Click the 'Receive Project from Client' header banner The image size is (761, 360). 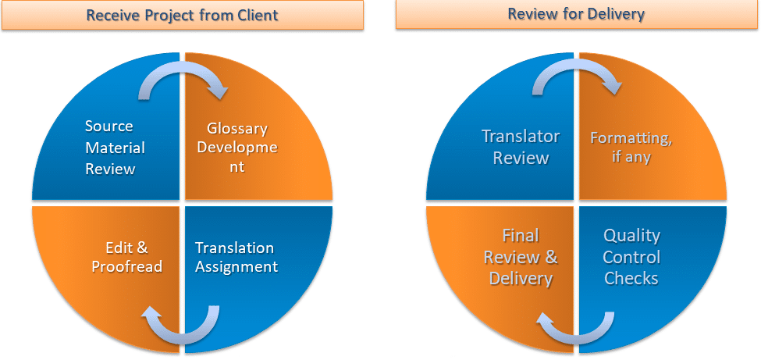[182, 15]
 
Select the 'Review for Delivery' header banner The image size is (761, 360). [576, 14]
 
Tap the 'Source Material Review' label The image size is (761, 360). [110, 148]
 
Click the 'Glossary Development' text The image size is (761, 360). [238, 148]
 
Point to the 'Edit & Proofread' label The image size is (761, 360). [126, 257]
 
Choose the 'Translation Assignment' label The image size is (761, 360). [236, 257]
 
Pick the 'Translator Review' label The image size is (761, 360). [521, 147]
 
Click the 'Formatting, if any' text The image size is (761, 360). [631, 148]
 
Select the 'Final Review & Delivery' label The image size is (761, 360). [521, 257]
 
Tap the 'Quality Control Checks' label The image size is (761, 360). [631, 257]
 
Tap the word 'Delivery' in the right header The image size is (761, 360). [618, 14]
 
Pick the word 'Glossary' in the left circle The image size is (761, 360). [237, 129]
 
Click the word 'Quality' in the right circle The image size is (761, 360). [631, 235]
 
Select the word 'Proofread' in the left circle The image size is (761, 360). [126, 266]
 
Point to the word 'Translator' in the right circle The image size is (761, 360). [521, 136]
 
